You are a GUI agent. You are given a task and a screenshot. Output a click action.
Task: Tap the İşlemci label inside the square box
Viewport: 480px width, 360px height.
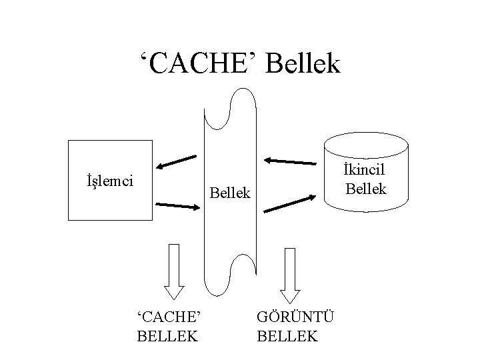110,180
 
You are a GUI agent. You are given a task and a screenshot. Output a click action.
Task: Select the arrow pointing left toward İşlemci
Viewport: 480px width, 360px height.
176,161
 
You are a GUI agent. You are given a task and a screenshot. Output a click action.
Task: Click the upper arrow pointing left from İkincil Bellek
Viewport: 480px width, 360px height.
290,161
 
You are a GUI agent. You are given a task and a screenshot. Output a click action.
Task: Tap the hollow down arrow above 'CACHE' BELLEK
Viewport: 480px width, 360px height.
175,271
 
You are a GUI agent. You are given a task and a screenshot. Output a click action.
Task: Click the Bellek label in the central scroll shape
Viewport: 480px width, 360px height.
230,193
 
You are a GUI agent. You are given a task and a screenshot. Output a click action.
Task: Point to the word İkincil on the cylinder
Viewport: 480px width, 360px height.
365,171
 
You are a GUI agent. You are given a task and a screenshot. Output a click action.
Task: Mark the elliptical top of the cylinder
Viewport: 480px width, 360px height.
365,142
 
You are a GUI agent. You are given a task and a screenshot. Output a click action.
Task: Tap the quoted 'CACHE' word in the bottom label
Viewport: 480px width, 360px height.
167,317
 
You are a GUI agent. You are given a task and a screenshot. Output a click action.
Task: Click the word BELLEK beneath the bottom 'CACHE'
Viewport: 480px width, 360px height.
167,335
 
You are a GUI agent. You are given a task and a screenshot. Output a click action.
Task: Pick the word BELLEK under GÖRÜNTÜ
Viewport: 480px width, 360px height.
287,335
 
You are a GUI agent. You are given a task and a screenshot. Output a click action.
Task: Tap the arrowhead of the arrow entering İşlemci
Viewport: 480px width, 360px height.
159,166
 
